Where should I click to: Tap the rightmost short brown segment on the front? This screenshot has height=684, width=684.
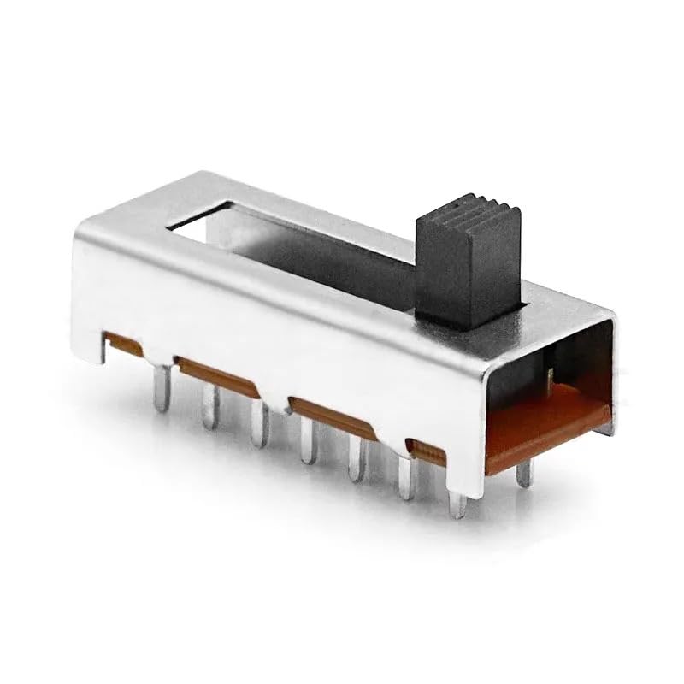coord(426,450)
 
